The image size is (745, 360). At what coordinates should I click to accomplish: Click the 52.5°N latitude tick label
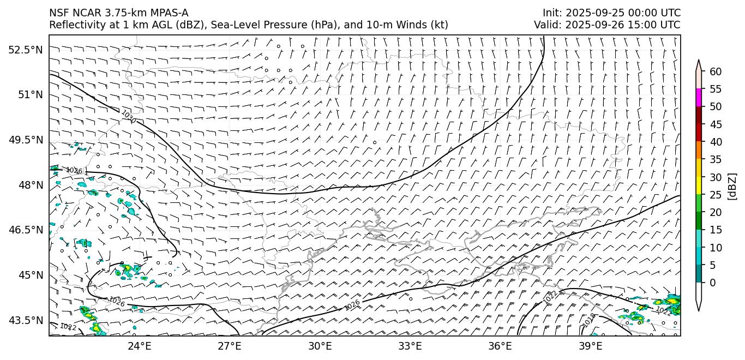[25, 50]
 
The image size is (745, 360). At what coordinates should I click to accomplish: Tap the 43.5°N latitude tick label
[25, 320]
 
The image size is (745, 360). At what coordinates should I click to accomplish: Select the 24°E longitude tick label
[139, 346]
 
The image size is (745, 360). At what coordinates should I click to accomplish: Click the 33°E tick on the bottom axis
[410, 346]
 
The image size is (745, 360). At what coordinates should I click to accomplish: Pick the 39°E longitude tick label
[590, 346]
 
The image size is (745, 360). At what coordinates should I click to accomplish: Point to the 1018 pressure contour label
[589, 320]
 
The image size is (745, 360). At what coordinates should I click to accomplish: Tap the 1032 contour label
[68, 327]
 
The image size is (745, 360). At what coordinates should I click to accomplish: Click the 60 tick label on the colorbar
[716, 71]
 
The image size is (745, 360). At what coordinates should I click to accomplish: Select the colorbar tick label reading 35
[716, 160]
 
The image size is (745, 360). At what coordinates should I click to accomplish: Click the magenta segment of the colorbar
[699, 98]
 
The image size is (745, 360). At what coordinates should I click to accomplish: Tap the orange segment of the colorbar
[699, 151]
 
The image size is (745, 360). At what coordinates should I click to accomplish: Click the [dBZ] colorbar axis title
[732, 186]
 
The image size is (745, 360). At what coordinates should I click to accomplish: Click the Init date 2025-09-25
[593, 13]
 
